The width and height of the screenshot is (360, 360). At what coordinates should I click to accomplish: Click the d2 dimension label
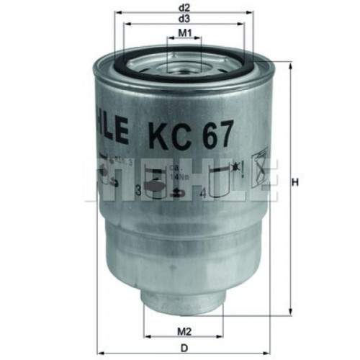point(184,9)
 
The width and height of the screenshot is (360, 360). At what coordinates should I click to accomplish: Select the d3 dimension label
point(184,19)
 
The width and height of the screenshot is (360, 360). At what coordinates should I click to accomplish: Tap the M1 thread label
point(184,33)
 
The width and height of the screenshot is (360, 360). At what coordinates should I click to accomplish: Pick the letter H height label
point(294,182)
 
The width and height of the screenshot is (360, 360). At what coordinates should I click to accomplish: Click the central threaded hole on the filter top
point(185,61)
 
